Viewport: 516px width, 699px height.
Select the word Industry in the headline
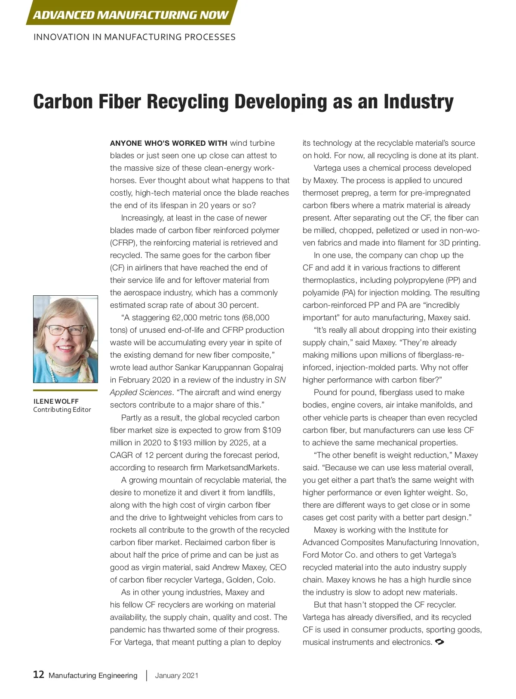tap(418, 102)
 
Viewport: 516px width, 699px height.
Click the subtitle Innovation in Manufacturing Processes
tap(134, 37)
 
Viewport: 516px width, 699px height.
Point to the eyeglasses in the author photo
tap(66, 330)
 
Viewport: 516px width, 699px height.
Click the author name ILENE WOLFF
tap(56, 401)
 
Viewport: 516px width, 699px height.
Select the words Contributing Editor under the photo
tap(62, 410)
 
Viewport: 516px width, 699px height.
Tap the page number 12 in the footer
tap(39, 674)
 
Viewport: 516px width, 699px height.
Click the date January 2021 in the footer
tap(177, 675)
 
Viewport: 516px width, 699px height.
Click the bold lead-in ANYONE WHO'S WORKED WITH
tap(169, 143)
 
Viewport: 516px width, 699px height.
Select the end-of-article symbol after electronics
tap(440, 642)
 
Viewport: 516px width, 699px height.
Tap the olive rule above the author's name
tap(65, 390)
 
